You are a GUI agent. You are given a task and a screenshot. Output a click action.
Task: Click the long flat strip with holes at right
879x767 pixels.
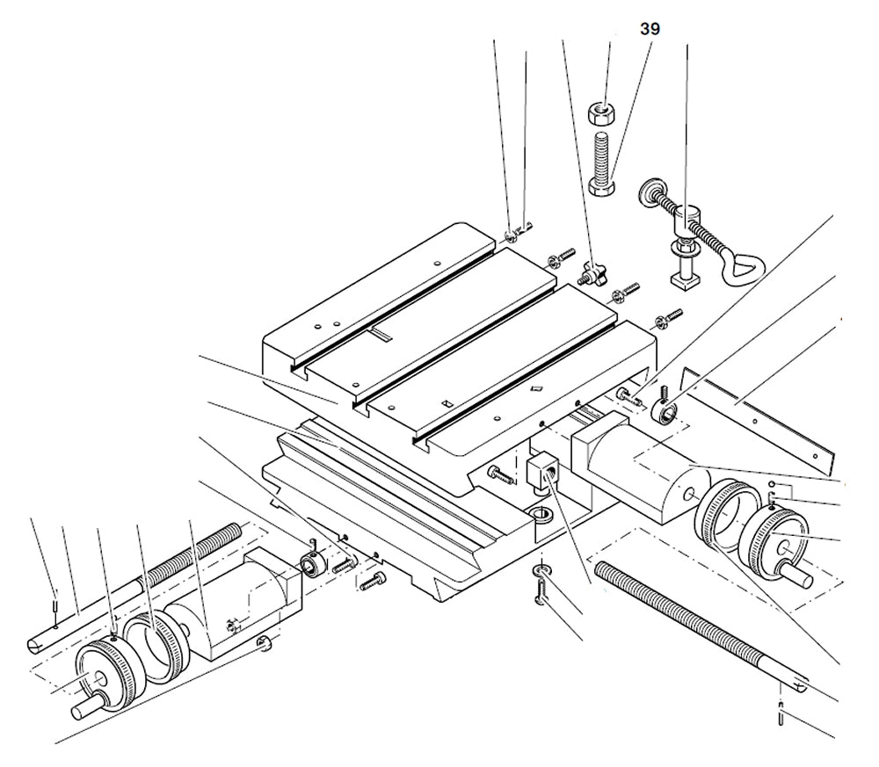click(756, 413)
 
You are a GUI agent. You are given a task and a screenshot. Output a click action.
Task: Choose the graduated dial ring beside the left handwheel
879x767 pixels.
click(156, 648)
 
